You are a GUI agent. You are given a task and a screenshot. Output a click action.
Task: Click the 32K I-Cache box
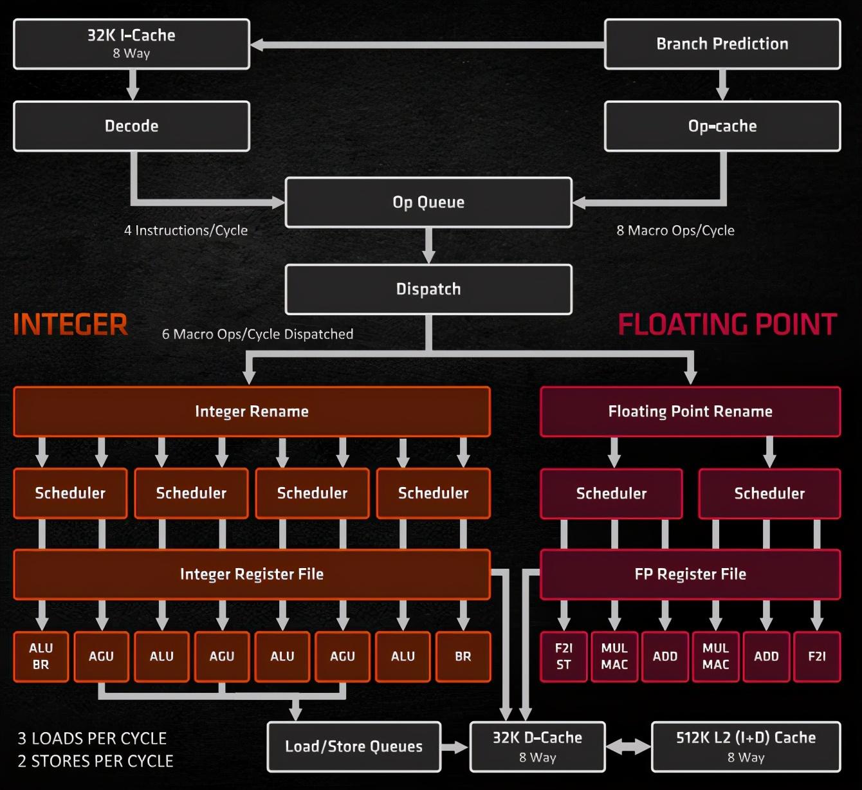tap(131, 44)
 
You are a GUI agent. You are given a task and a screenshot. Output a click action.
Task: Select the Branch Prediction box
tap(722, 44)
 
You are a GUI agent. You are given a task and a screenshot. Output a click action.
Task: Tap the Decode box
tap(131, 126)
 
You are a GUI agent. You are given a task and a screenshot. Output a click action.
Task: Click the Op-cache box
tap(722, 126)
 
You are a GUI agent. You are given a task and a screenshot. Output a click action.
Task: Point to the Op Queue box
tap(428, 202)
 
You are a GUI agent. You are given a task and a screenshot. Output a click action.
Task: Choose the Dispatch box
tap(428, 289)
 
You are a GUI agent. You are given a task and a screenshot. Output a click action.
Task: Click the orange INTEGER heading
tap(70, 324)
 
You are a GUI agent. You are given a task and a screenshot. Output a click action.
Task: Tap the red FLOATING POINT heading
tap(728, 324)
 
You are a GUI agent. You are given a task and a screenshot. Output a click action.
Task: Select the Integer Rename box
tap(252, 412)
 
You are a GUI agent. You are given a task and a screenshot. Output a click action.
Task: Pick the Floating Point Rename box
tap(690, 412)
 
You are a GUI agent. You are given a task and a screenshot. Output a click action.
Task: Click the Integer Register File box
tap(252, 574)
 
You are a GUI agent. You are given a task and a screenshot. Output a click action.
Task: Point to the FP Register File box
tap(690, 574)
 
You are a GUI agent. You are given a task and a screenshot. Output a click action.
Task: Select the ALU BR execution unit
tap(41, 656)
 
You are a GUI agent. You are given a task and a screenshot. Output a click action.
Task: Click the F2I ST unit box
tap(564, 656)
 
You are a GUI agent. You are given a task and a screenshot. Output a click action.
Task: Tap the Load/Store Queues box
tap(354, 746)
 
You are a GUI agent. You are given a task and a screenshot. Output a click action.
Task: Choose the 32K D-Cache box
tap(537, 746)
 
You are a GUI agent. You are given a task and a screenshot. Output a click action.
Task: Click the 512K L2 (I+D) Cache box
tap(746, 746)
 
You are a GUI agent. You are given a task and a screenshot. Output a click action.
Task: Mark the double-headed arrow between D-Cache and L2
tap(628, 747)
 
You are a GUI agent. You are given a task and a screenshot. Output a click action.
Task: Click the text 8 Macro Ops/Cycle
tap(675, 230)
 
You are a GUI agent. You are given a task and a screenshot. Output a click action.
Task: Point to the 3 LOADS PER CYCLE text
tap(92, 738)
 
